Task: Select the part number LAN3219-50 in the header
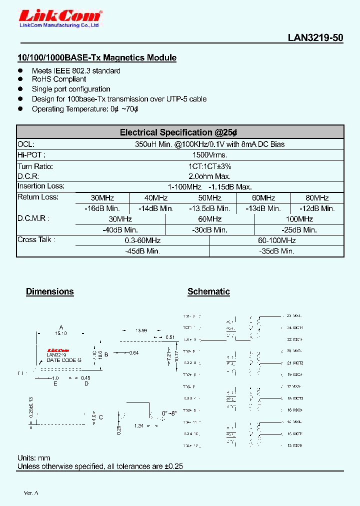315,38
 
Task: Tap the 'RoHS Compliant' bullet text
59,79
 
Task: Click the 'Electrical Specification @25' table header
178,132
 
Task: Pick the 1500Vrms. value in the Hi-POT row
209,155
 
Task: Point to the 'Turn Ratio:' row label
35,166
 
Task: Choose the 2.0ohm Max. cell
209,176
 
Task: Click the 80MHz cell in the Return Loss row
317,198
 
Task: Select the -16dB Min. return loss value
102,208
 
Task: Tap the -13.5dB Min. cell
209,208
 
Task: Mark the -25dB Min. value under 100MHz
299,230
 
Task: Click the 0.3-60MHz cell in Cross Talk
142,240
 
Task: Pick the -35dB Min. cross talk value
276,251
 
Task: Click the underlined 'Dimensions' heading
50,291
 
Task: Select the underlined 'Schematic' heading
208,291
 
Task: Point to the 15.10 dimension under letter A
60,332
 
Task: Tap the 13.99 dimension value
141,331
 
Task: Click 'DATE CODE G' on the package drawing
63,360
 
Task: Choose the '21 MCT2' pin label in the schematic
295,362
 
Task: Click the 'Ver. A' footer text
31,493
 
